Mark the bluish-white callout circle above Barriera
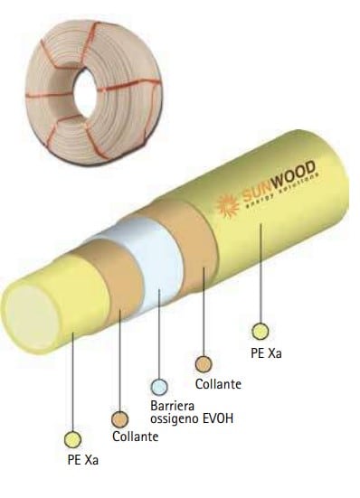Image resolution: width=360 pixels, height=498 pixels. click(159, 387)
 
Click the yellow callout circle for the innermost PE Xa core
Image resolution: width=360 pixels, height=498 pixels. click(72, 438)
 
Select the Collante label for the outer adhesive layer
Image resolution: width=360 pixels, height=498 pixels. click(218, 383)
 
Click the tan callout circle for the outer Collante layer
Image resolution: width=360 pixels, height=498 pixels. click(203, 364)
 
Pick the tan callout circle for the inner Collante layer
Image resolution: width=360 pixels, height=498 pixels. click(119, 418)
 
